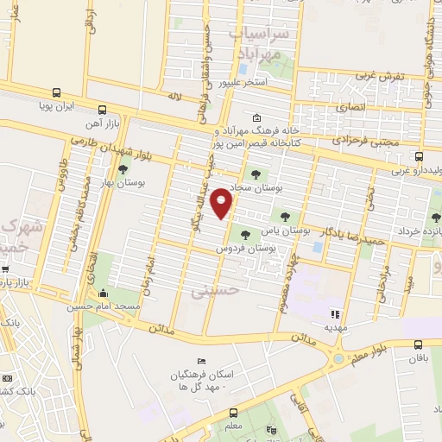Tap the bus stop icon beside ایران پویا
click(x=56, y=92)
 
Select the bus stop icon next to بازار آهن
click(x=103, y=110)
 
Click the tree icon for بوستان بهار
click(x=123, y=170)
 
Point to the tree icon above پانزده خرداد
click(x=434, y=218)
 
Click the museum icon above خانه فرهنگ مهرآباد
click(x=256, y=118)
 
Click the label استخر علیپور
click(x=242, y=82)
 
